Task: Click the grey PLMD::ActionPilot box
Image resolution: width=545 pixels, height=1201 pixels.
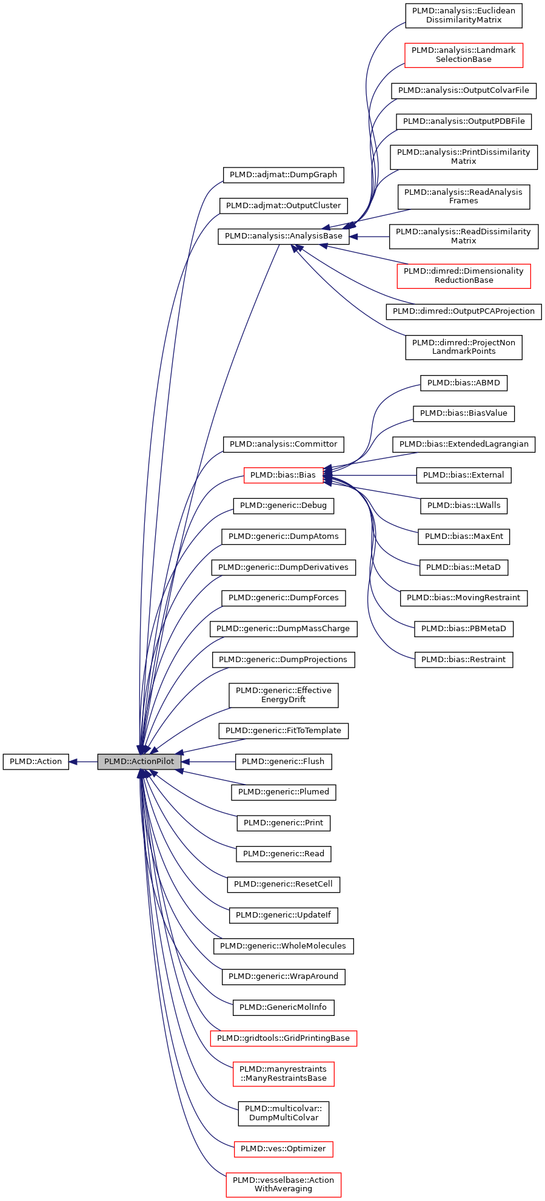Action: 139,761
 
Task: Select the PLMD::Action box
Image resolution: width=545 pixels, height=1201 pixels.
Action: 36,761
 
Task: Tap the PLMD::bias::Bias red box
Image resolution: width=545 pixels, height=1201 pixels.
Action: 283,475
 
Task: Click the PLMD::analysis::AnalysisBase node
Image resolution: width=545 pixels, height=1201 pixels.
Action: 283,235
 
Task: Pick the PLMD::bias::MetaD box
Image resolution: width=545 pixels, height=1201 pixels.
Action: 463,567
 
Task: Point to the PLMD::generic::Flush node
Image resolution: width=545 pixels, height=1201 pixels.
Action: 283,761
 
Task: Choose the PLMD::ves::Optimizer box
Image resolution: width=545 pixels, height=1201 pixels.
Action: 283,1148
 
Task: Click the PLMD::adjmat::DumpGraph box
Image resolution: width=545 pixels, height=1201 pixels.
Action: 283,174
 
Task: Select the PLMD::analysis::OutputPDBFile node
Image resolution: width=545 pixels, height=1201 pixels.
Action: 463,121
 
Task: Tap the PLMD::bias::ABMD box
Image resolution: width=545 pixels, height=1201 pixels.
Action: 463,382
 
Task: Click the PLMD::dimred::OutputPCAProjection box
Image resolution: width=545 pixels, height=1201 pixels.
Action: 463,311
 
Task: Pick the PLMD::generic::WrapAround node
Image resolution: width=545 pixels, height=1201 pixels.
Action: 283,976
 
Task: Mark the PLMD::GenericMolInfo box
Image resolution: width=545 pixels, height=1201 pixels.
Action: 283,1007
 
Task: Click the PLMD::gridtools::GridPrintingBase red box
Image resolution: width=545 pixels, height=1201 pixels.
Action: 283,1038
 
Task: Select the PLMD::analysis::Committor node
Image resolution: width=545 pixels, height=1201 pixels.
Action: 283,444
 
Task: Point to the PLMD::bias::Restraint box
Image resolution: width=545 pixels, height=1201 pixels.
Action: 463,659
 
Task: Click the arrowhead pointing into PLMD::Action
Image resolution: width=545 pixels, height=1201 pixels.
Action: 73,761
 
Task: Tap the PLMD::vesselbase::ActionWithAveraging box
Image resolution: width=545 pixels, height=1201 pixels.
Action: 283,1184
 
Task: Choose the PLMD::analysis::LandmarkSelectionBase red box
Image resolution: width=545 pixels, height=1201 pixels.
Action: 463,55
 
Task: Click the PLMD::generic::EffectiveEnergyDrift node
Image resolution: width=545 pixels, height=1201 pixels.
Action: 283,694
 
